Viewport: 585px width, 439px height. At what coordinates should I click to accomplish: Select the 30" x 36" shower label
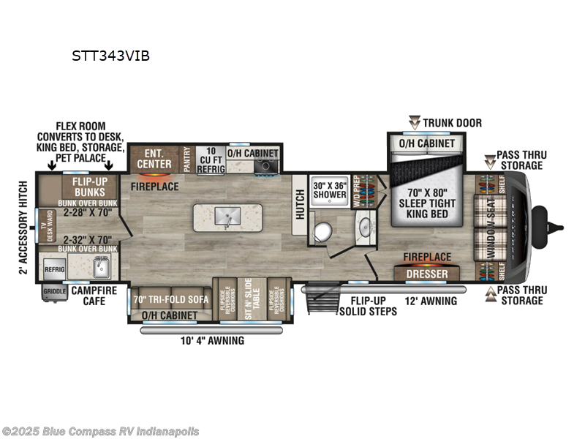[x=330, y=190]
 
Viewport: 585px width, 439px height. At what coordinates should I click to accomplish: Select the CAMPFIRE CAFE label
[x=94, y=295]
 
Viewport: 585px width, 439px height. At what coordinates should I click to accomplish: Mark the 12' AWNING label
[x=431, y=301]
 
